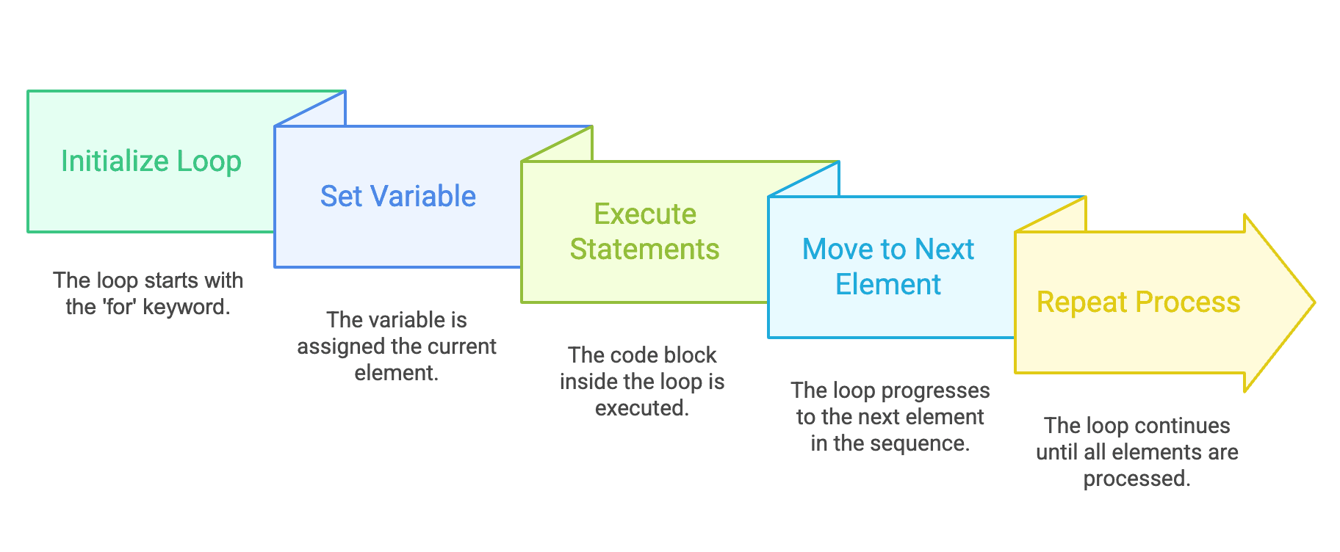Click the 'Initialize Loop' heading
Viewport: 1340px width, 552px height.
151,161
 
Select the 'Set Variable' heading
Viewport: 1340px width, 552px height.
397,197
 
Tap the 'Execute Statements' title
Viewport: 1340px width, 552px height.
644,231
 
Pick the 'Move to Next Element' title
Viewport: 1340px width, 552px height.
887,266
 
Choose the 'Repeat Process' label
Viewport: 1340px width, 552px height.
1137,302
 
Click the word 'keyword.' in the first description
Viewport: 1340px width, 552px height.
187,308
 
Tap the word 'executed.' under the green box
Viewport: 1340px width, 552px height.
641,408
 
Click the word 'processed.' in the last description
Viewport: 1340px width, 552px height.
1137,479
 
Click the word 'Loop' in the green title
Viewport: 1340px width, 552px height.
209,161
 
